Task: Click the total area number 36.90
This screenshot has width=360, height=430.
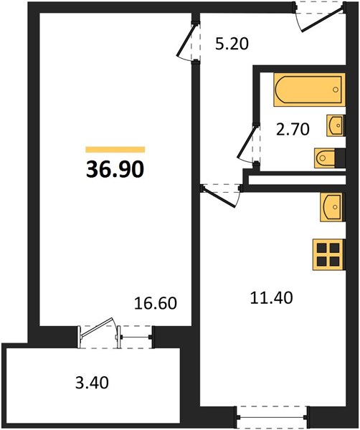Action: (x=115, y=169)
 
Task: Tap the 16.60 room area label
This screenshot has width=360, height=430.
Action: (x=156, y=303)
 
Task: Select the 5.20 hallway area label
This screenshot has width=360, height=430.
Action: (x=232, y=44)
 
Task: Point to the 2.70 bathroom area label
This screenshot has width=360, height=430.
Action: (x=293, y=129)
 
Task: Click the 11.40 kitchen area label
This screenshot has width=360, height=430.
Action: (x=271, y=298)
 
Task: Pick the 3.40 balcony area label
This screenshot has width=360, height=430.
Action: (x=92, y=383)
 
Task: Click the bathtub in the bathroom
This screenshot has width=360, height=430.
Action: (x=309, y=90)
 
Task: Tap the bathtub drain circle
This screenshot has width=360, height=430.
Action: (x=336, y=90)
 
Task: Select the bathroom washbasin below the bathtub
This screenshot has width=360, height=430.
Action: (x=336, y=125)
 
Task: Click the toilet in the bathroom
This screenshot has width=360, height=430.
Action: (x=325, y=158)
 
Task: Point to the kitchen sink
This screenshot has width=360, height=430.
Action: (x=331, y=207)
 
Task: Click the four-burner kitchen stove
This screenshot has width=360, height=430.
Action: (x=328, y=254)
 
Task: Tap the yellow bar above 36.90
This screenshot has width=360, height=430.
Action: (x=115, y=150)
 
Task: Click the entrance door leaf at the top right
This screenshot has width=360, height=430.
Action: (x=323, y=21)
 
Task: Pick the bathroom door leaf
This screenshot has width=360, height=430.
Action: (x=248, y=141)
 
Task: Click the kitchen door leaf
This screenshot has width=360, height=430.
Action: (x=219, y=198)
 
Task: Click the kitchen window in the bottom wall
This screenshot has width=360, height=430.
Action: (x=272, y=417)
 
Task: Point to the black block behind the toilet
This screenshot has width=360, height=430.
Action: (x=340, y=158)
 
